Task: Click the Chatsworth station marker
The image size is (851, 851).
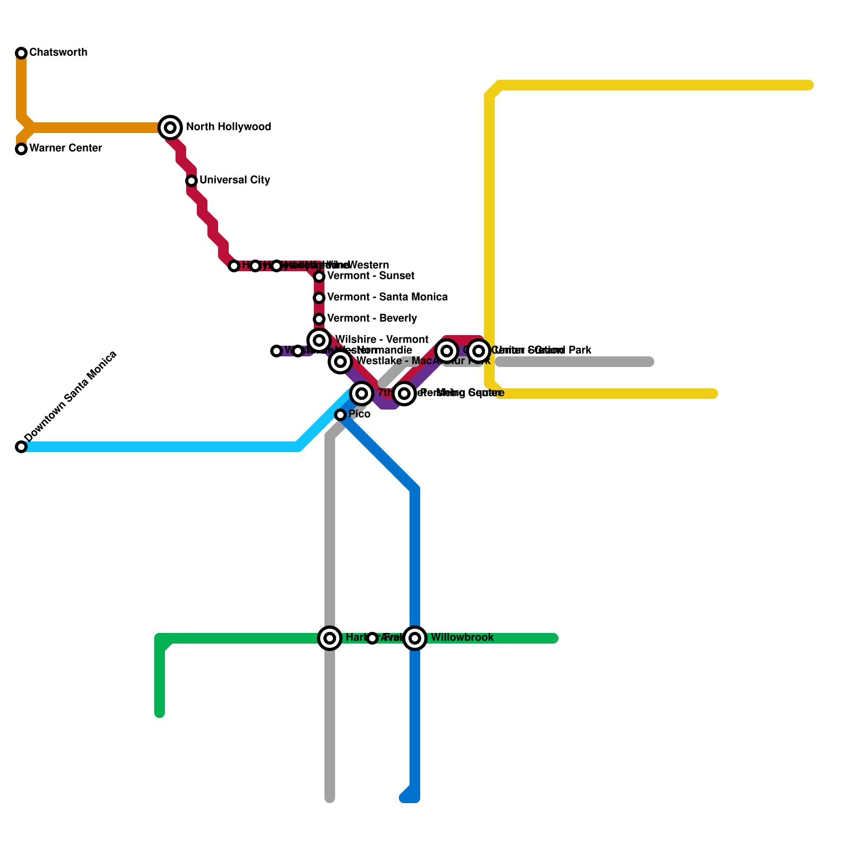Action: (x=21, y=53)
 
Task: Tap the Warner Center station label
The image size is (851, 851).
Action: (x=65, y=148)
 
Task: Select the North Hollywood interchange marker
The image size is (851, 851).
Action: (x=170, y=128)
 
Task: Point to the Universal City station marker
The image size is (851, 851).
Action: (x=191, y=181)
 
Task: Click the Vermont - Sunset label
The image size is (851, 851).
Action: (x=370, y=276)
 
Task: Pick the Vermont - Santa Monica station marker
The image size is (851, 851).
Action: (x=319, y=298)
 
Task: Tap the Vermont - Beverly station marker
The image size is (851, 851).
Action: (x=319, y=319)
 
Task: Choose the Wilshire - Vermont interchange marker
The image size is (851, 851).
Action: (x=319, y=340)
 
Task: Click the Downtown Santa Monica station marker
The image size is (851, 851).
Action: (x=21, y=447)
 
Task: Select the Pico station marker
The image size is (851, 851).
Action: (x=340, y=415)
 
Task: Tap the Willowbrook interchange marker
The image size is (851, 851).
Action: (x=415, y=638)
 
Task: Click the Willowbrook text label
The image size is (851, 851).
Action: (x=462, y=637)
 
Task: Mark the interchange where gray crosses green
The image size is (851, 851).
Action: (x=330, y=638)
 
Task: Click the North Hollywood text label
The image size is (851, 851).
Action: (x=228, y=127)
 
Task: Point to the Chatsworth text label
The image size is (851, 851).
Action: (x=58, y=52)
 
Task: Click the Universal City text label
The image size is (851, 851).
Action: (x=235, y=180)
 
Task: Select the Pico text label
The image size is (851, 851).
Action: (x=360, y=414)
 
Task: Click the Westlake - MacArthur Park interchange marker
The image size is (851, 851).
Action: (x=340, y=362)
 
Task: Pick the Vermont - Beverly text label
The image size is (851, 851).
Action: (x=372, y=318)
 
